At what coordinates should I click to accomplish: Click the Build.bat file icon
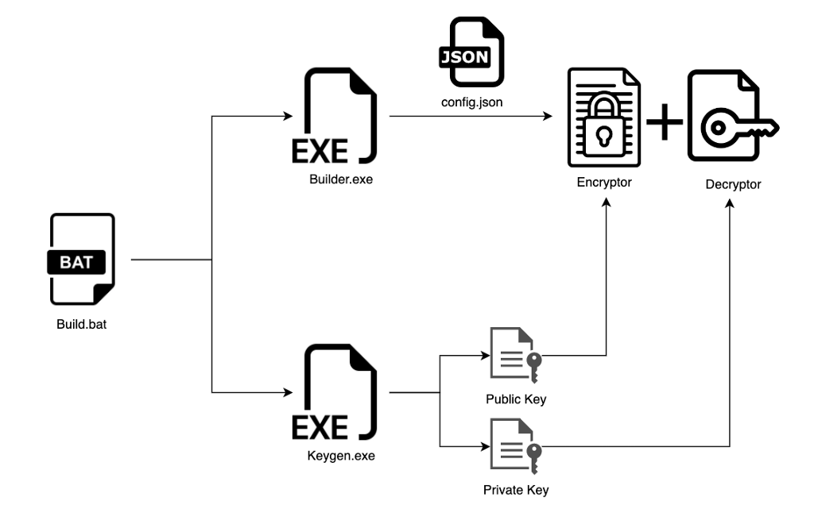(x=82, y=259)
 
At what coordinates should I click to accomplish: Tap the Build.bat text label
(x=81, y=323)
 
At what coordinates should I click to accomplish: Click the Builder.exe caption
(x=340, y=179)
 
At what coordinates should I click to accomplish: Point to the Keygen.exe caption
(x=340, y=457)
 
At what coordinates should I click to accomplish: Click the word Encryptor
(x=604, y=183)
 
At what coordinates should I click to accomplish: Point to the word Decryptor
(x=733, y=185)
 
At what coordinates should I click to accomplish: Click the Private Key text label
(x=515, y=490)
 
